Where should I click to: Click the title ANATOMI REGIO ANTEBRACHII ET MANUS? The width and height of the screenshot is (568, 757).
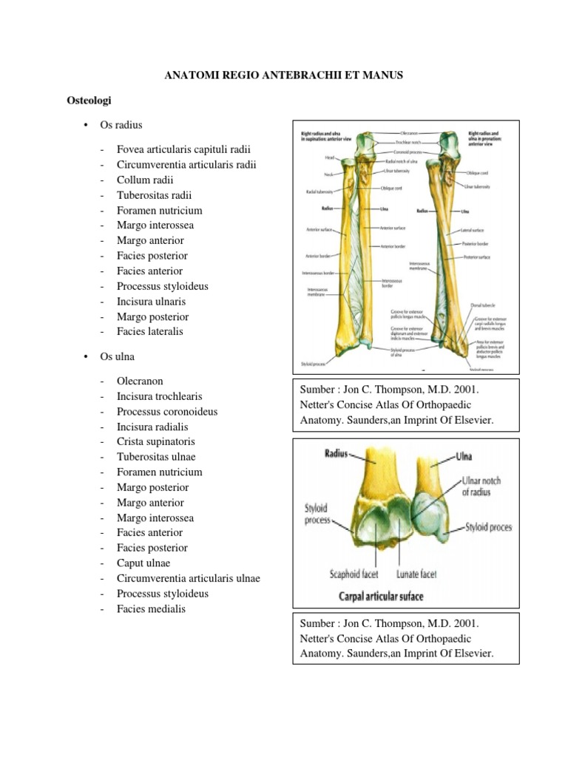click(x=283, y=75)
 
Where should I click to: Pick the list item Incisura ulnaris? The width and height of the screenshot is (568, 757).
click(x=151, y=301)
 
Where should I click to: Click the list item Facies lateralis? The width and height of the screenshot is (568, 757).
click(x=149, y=331)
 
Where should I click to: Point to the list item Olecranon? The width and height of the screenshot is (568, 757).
click(x=141, y=381)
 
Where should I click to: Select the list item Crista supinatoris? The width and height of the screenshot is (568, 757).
click(x=155, y=442)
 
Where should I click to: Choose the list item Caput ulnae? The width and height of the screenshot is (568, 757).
click(x=143, y=563)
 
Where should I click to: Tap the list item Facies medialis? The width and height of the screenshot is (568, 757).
click(x=151, y=609)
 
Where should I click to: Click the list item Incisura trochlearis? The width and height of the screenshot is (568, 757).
click(x=159, y=396)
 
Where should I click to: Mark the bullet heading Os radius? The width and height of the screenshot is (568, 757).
click(x=121, y=125)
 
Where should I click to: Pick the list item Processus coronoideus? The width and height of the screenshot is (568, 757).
click(x=167, y=412)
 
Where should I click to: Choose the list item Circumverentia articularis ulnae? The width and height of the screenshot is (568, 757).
click(x=188, y=579)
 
